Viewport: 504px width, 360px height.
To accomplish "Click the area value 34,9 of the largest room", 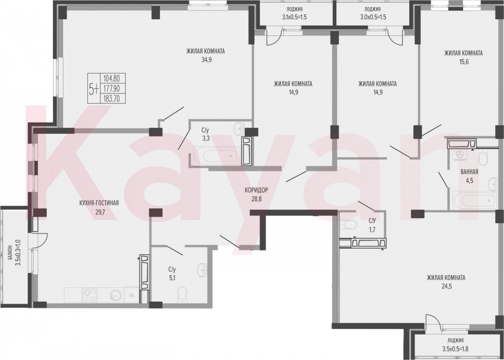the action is pyautogui.click(x=207, y=60).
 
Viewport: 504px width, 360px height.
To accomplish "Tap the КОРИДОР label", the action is pyautogui.click(x=256, y=190).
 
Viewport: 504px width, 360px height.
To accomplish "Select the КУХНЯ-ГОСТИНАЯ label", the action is pyautogui.click(x=99, y=203).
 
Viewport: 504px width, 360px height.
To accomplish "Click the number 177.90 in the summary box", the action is pyautogui.click(x=111, y=89).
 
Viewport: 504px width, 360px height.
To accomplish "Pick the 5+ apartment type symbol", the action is pyautogui.click(x=94, y=89).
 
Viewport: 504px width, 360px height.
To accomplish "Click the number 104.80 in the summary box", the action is pyautogui.click(x=111, y=79).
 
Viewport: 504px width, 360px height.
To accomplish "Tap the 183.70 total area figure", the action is pyautogui.click(x=111, y=98).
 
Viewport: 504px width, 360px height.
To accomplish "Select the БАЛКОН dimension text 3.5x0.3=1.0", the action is pyautogui.click(x=18, y=253).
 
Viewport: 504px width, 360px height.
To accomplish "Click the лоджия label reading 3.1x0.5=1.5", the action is pyautogui.click(x=295, y=17).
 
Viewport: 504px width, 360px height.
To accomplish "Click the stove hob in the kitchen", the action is pyautogui.click(x=90, y=295).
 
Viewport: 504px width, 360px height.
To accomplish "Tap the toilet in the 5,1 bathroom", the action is pyautogui.click(x=182, y=295).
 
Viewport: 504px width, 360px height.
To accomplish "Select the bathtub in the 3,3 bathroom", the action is pyautogui.click(x=217, y=156).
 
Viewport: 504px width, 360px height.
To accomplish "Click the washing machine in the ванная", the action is pyautogui.click(x=459, y=154).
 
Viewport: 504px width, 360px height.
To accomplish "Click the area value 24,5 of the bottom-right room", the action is pyautogui.click(x=446, y=286).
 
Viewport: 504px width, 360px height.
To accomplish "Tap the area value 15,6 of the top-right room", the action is pyautogui.click(x=464, y=62).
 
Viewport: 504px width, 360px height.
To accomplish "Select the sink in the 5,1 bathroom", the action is pyautogui.click(x=202, y=270).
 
